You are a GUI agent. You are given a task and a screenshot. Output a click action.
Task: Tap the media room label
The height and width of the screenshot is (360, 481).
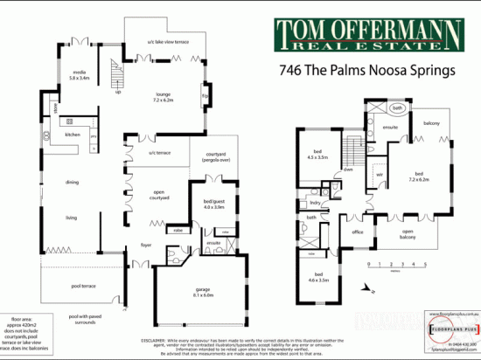(x=79, y=75)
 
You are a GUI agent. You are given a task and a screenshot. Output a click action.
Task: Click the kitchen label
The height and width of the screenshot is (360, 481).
(x=72, y=135)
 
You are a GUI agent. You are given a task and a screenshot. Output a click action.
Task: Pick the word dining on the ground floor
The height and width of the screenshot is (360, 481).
(x=72, y=182)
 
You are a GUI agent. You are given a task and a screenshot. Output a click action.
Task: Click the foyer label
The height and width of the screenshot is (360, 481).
(x=146, y=245)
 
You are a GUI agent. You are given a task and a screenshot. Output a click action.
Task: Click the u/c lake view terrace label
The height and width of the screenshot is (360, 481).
(x=162, y=41)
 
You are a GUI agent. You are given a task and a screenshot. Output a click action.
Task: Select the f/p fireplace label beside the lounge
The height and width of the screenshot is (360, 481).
(x=206, y=94)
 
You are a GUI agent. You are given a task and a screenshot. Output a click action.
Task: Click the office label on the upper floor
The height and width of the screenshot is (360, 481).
(x=357, y=232)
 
